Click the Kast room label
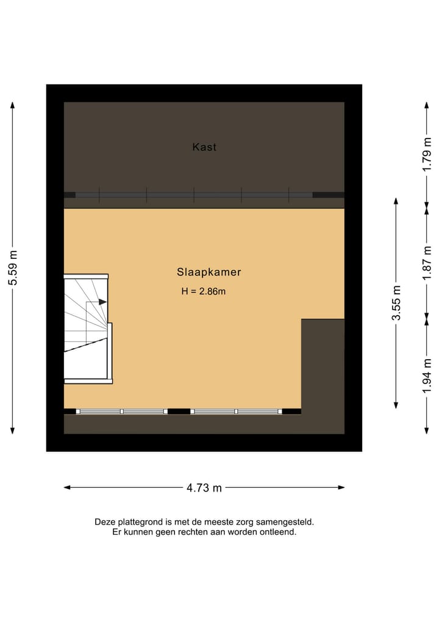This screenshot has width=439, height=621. click(x=204, y=147)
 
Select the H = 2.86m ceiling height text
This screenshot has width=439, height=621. click(x=204, y=291)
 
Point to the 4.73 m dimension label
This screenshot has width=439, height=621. click(x=204, y=487)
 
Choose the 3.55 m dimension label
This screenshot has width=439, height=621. click(x=396, y=303)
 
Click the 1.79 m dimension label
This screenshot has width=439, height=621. click(x=427, y=155)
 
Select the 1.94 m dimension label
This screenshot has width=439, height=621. click(x=427, y=374)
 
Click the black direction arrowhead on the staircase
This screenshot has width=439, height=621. click(x=102, y=302)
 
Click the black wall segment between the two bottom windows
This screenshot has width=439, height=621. click(x=179, y=412)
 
